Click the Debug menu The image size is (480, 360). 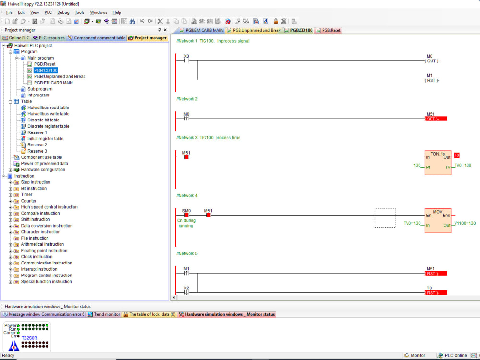click(x=63, y=12)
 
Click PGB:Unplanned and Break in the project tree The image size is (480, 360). click(x=60, y=76)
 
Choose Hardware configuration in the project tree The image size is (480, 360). click(x=43, y=170)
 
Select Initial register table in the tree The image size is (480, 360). click(x=45, y=139)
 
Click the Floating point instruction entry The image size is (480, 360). click(x=44, y=251)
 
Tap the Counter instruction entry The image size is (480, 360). click(x=28, y=201)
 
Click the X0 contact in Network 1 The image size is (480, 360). click(x=186, y=61)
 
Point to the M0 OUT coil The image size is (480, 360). click(x=432, y=61)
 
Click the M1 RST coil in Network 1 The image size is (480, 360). click(x=432, y=80)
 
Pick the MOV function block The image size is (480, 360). click(x=438, y=220)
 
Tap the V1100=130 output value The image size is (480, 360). click(x=465, y=224)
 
